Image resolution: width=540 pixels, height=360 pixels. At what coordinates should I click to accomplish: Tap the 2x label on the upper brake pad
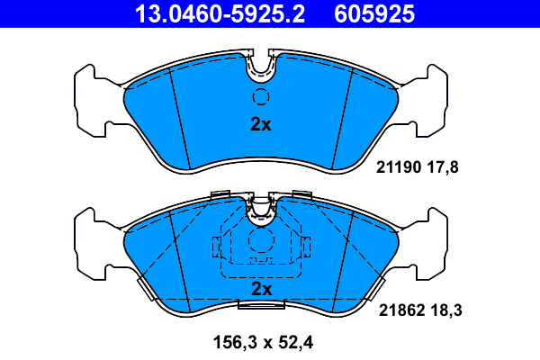click(260, 125)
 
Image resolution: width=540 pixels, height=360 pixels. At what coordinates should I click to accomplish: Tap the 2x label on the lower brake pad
click(261, 289)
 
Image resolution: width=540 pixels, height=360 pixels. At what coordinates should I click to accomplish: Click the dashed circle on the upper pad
click(261, 98)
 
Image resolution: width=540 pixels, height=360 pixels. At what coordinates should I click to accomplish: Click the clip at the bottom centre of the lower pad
click(260, 306)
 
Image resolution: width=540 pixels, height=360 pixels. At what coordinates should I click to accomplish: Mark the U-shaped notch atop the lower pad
click(261, 208)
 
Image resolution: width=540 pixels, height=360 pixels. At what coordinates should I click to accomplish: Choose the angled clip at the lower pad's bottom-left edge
click(144, 287)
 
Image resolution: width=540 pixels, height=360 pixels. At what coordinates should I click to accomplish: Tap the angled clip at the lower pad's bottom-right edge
click(377, 287)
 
